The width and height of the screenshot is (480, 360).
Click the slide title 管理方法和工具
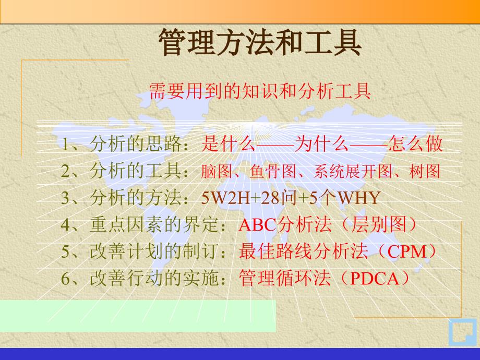pyautogui.click(x=260, y=42)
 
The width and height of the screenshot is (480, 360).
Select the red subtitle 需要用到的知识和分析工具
pyautogui.click(x=260, y=91)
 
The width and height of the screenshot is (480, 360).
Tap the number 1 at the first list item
pyautogui.click(x=65, y=144)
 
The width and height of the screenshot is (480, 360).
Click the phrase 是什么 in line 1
pyautogui.click(x=228, y=143)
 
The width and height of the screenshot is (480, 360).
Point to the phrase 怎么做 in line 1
pyautogui.click(x=416, y=143)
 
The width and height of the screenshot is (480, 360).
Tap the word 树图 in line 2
pyautogui.click(x=425, y=171)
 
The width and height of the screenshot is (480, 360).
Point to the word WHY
pyautogui.click(x=359, y=198)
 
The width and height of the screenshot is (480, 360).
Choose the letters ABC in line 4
pyautogui.click(x=257, y=225)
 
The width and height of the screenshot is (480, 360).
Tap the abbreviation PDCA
pyautogui.click(x=375, y=279)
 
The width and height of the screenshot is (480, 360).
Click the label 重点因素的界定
pyautogui.click(x=154, y=225)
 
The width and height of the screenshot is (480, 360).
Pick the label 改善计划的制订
pyautogui.click(x=154, y=251)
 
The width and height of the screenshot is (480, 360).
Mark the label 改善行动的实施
pyautogui.click(x=154, y=279)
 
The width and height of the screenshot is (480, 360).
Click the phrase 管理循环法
pyautogui.click(x=285, y=279)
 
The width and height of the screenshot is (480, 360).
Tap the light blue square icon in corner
pyautogui.click(x=463, y=333)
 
